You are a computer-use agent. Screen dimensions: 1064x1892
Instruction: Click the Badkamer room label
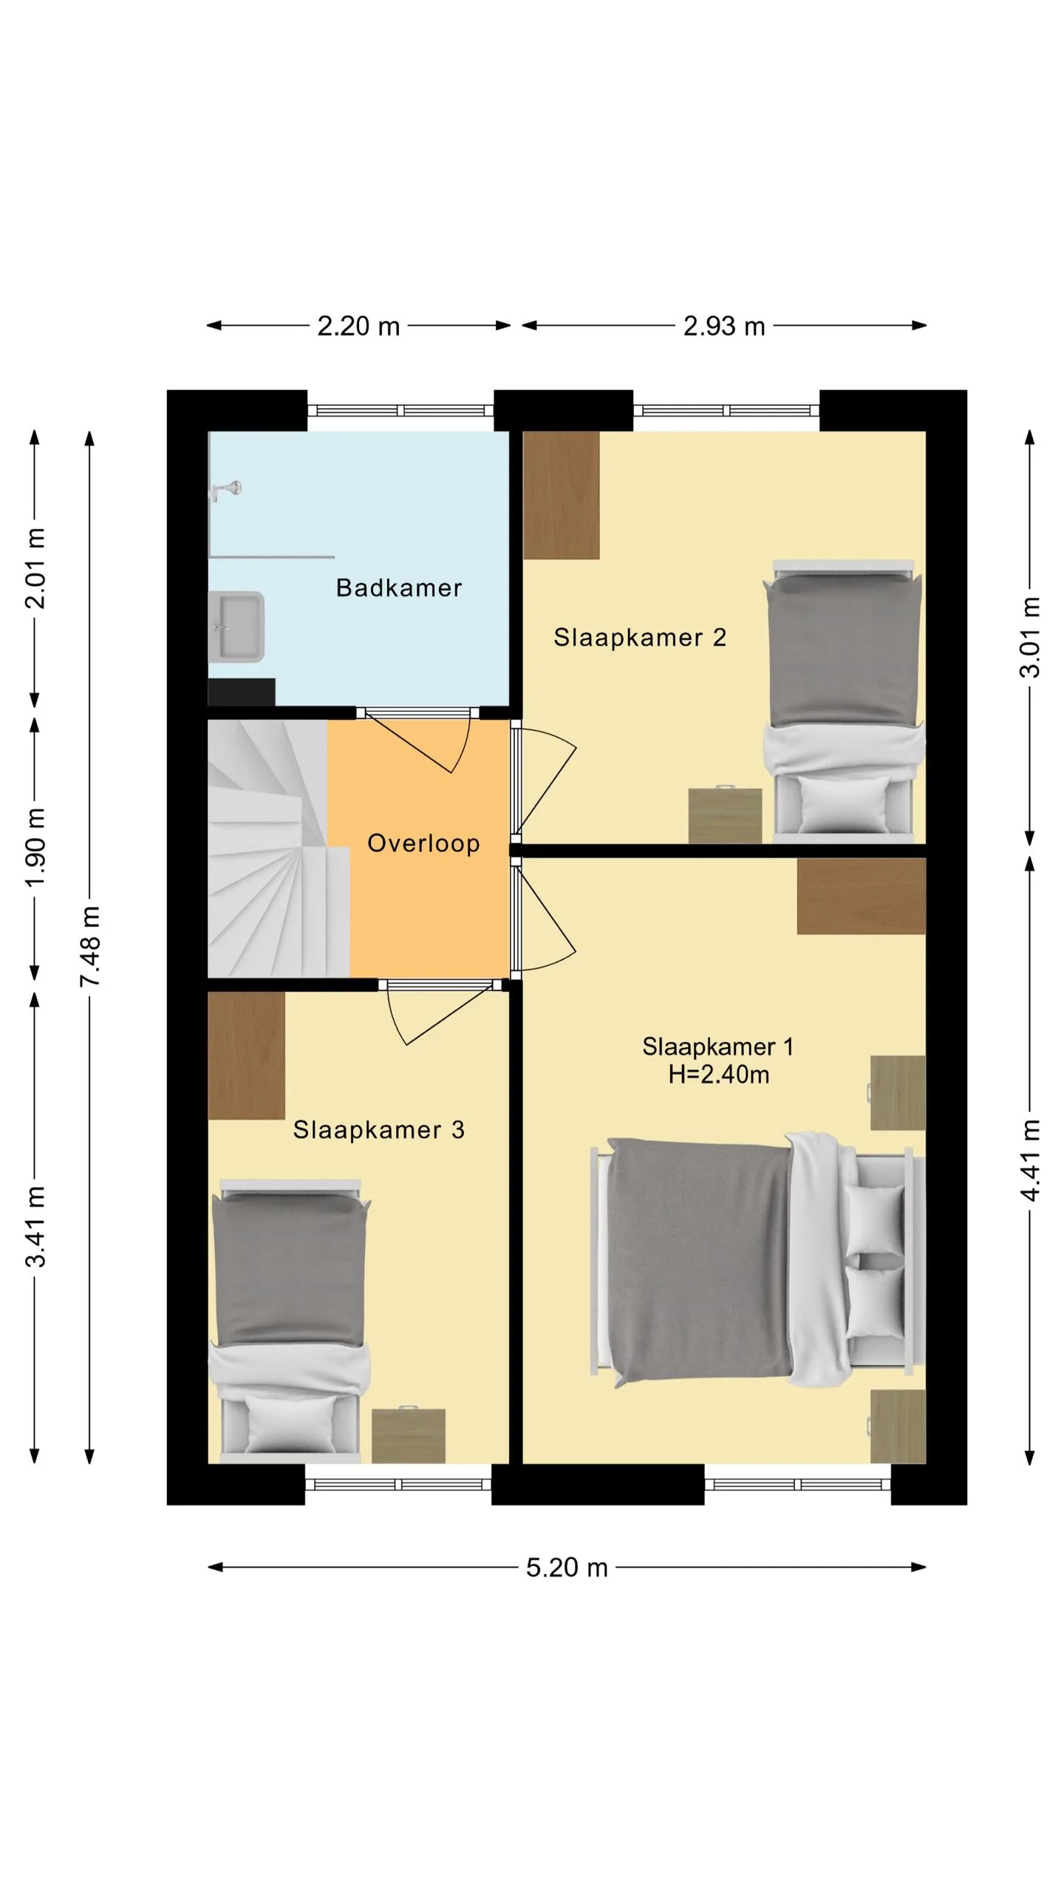[x=399, y=588]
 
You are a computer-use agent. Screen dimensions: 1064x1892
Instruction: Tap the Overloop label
[x=423, y=843]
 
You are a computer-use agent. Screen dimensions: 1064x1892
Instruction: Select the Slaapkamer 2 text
[x=640, y=637]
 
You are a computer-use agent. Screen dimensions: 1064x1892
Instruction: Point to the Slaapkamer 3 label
[x=379, y=1129]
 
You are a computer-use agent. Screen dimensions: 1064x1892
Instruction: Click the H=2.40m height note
[x=719, y=1074]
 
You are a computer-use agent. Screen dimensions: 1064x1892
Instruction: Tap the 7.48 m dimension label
[x=90, y=946]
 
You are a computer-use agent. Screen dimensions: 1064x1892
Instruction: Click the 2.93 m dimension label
[x=724, y=326]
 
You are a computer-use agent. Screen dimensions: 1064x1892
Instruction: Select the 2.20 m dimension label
[x=358, y=326]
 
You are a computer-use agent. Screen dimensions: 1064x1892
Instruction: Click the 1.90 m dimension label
[x=35, y=847]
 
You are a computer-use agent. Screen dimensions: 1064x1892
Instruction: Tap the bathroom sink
[x=236, y=627]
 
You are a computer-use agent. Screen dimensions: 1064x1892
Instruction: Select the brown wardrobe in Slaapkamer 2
[x=562, y=495]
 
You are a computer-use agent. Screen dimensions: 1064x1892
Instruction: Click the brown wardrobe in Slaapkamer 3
[x=246, y=1055]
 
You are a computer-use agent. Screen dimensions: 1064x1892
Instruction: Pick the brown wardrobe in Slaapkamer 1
[x=862, y=896]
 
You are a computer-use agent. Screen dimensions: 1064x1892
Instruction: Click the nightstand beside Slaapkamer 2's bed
[x=725, y=815]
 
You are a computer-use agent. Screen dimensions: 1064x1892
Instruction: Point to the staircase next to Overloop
[x=279, y=848]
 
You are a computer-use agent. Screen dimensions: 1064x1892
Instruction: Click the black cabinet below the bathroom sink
[x=242, y=693]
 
